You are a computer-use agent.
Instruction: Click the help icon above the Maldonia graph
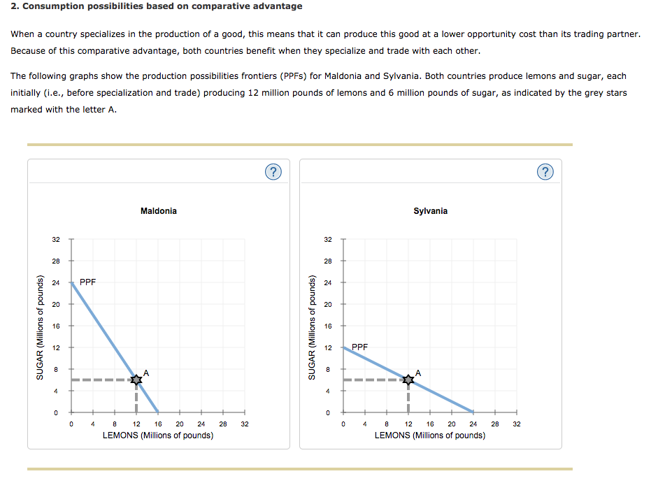(275, 172)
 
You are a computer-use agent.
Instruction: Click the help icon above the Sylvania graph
(547, 172)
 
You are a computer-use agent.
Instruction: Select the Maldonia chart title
(159, 211)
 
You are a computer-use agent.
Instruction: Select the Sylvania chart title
(431, 211)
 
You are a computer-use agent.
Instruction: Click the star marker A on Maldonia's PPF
(136, 379)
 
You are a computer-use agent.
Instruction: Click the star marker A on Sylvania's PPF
(408, 379)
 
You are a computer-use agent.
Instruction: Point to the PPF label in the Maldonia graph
(88, 282)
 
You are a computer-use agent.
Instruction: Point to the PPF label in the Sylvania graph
(359, 347)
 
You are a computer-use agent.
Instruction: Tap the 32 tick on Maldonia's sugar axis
(56, 240)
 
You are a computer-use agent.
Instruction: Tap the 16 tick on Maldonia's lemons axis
(158, 424)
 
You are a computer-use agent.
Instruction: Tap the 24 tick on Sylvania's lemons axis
(473, 424)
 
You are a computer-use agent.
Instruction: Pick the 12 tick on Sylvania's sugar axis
(328, 347)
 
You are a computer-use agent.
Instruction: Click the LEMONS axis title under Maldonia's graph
(158, 435)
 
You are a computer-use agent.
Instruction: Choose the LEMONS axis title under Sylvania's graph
(430, 435)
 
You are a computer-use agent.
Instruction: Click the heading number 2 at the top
(15, 6)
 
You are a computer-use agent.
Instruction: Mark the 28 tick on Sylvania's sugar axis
(328, 261)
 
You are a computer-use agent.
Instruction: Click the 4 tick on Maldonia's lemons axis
(93, 424)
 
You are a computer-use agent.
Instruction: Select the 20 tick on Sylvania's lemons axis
(452, 424)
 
